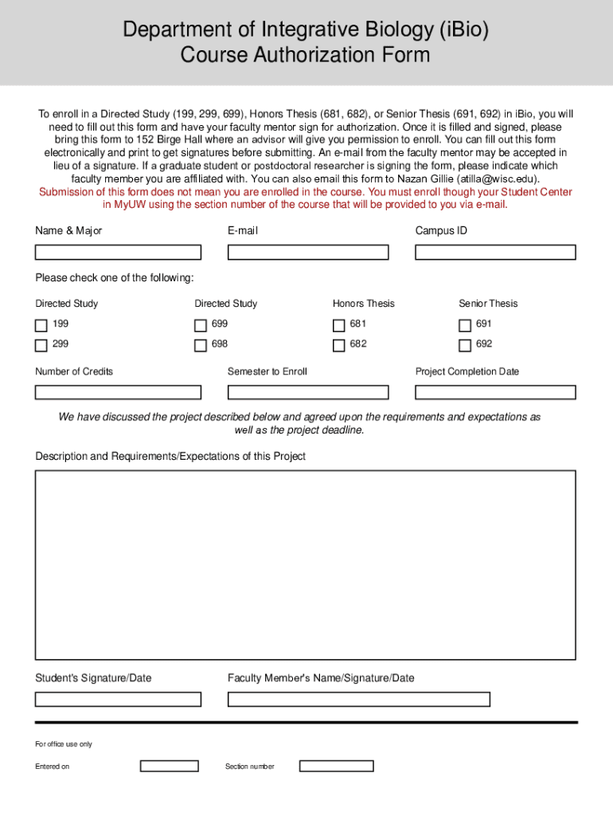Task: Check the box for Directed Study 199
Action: [41, 325]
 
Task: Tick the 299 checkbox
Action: [41, 346]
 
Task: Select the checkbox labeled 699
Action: [201, 325]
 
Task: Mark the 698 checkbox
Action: [201, 346]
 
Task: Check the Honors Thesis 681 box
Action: [339, 325]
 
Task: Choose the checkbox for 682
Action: [339, 346]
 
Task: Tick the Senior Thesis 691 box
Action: [465, 325]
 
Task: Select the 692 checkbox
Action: [465, 346]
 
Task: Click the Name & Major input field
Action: [118, 253]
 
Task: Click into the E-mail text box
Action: [308, 253]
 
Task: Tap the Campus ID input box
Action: [495, 253]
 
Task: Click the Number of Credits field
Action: [118, 392]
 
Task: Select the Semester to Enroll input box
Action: [308, 392]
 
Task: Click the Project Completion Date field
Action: [495, 392]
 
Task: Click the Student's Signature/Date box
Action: [118, 700]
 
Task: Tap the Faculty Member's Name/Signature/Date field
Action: [358, 700]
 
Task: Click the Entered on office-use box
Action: [170, 767]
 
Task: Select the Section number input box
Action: [336, 767]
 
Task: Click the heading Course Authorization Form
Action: [306, 56]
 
